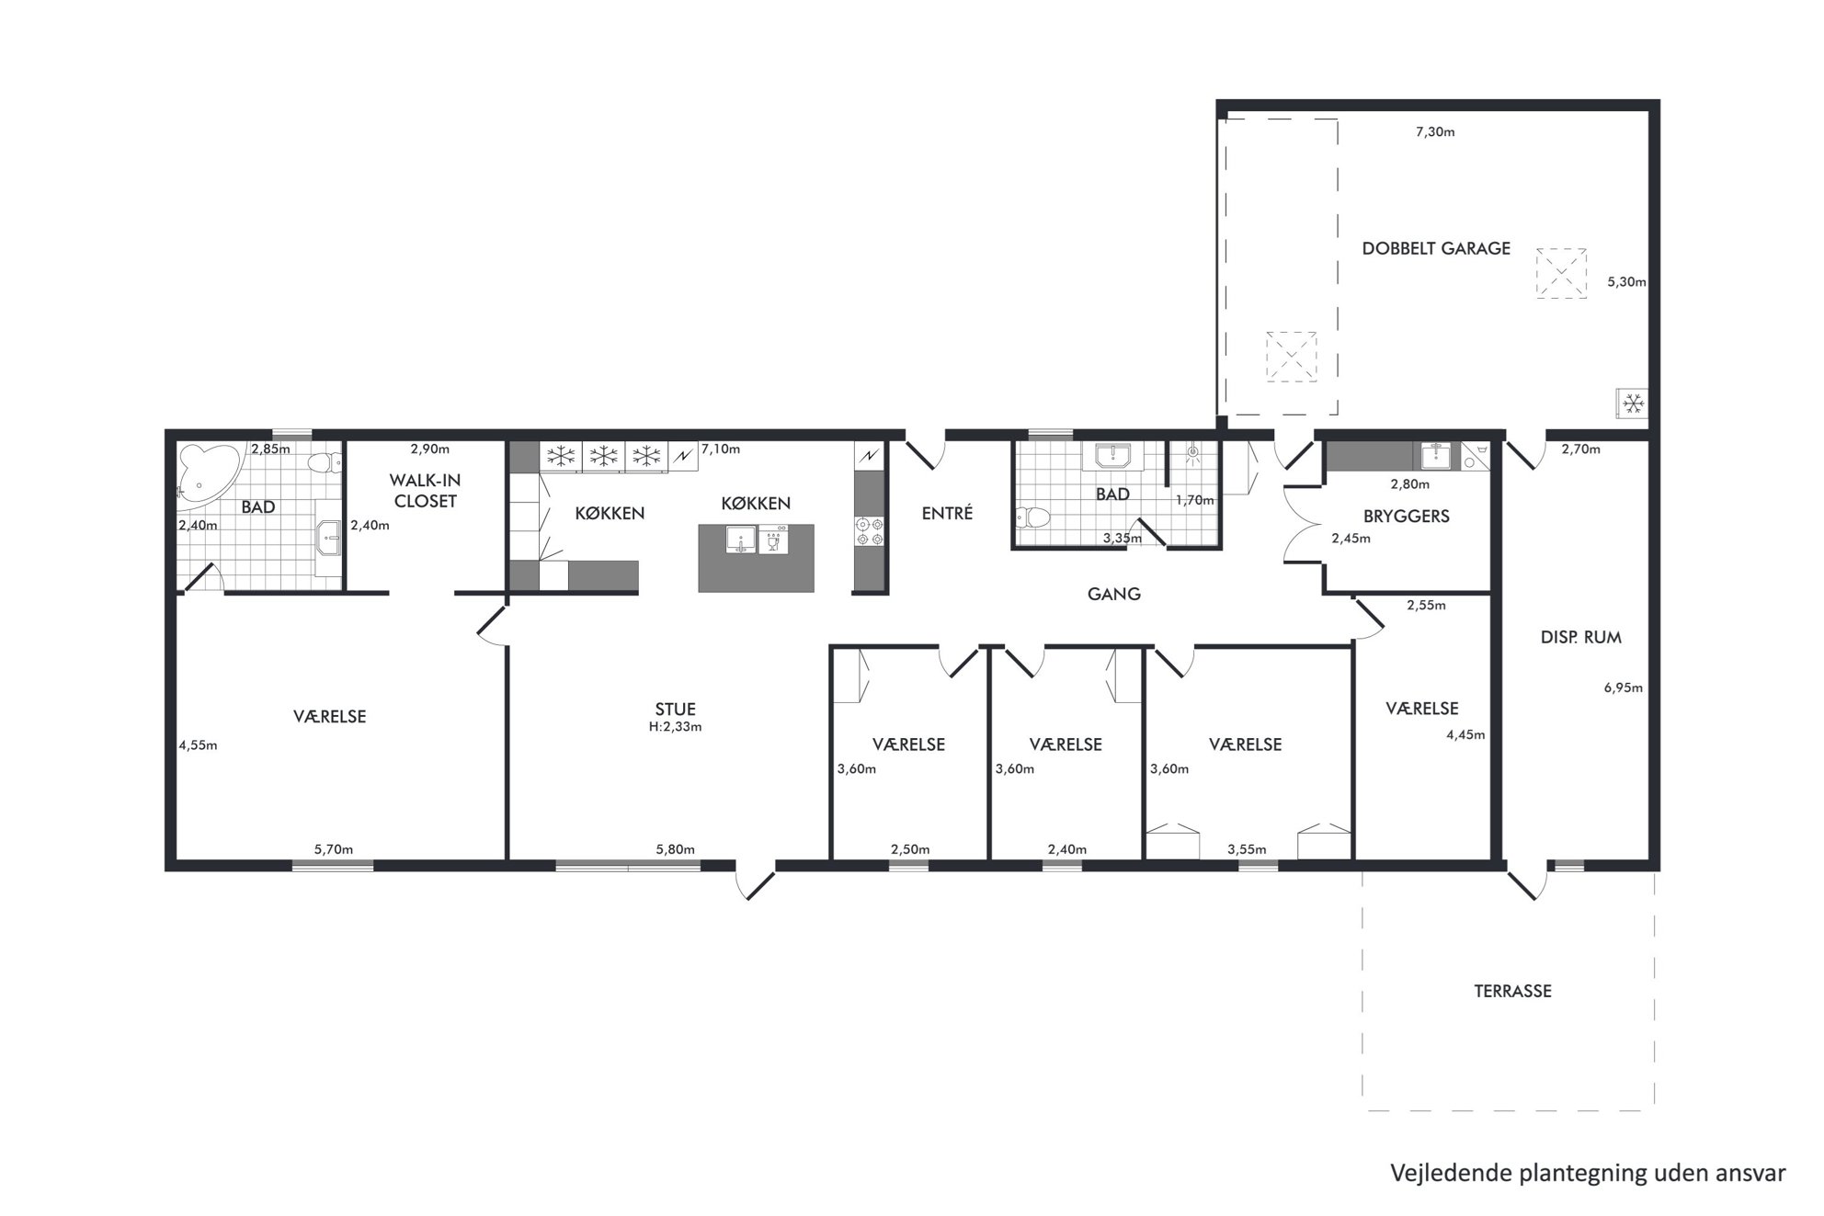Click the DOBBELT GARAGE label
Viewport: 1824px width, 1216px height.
(x=1436, y=248)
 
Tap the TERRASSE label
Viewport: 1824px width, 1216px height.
(x=1512, y=991)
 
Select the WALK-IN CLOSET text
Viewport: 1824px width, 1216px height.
(x=425, y=491)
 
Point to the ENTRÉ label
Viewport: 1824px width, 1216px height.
(x=947, y=513)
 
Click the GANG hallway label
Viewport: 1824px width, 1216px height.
(x=1113, y=594)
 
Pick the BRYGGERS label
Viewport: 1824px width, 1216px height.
(x=1406, y=517)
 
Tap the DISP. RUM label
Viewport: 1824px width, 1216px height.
(x=1580, y=637)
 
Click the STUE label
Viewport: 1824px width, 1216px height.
(x=675, y=709)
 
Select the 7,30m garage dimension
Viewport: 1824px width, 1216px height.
(x=1434, y=131)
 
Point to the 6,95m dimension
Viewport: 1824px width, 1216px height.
(x=1623, y=688)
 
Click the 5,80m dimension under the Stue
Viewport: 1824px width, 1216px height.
(x=675, y=849)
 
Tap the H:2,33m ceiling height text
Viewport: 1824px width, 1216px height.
(x=675, y=726)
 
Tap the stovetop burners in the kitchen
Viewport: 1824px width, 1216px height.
(x=869, y=531)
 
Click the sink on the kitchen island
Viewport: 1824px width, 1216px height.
(x=741, y=540)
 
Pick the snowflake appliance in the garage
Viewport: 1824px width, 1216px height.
(x=1633, y=403)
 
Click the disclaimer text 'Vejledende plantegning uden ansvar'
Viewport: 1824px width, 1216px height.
(x=1588, y=1174)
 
